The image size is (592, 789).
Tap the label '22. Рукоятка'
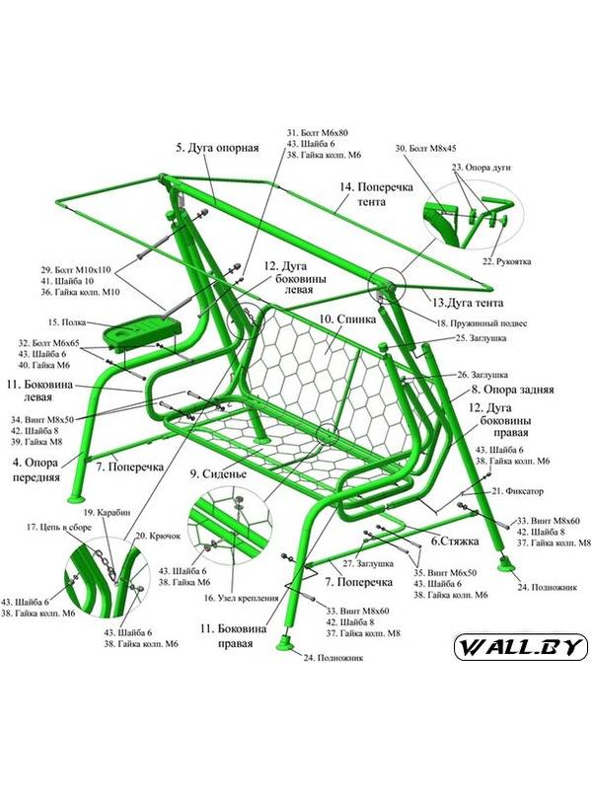pos(507,261)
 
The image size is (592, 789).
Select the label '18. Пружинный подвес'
pos(481,323)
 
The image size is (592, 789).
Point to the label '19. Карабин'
pos(102,512)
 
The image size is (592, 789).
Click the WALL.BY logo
pos(520,648)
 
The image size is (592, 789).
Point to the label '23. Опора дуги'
pos(481,169)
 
